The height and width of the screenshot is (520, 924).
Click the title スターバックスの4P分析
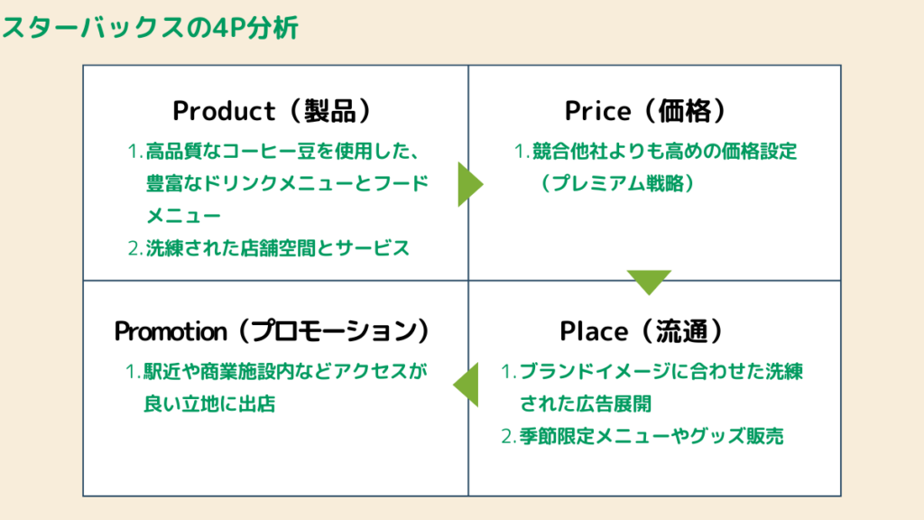click(150, 28)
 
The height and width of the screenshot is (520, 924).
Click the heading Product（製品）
click(273, 111)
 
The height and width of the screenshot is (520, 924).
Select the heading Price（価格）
click(646, 111)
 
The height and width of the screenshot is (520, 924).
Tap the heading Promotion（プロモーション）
click(273, 331)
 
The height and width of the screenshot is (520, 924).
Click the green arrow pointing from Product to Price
click(469, 184)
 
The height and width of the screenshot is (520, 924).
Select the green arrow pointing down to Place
click(649, 282)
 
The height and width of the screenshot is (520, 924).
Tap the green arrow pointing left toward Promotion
click(467, 385)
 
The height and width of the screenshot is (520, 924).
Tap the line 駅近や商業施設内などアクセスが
click(283, 371)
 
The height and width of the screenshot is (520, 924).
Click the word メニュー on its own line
click(183, 217)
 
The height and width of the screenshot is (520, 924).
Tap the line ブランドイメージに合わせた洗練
click(661, 371)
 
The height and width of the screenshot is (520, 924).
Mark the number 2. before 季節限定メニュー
click(508, 438)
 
